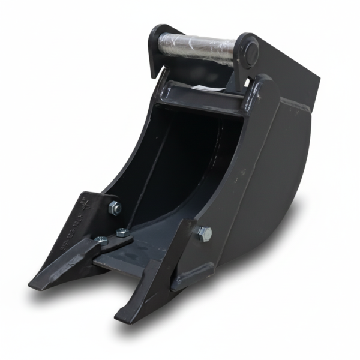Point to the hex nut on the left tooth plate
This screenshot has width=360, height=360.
pyautogui.click(x=114, y=208)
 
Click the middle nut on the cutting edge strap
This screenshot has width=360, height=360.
pyautogui.click(x=122, y=233)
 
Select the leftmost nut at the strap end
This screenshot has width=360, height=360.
pyautogui.click(x=100, y=241)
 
